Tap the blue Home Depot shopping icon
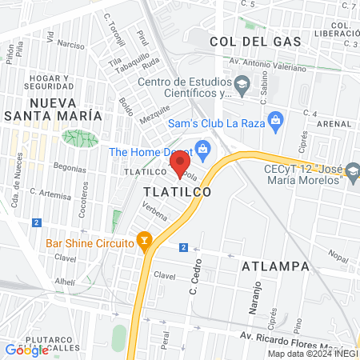(x=202, y=147)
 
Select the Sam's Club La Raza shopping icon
(x=276, y=122)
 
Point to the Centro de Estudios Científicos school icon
(x=241, y=84)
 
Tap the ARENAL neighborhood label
(x=333, y=125)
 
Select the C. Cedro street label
(x=194, y=278)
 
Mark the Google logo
(x=26, y=350)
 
